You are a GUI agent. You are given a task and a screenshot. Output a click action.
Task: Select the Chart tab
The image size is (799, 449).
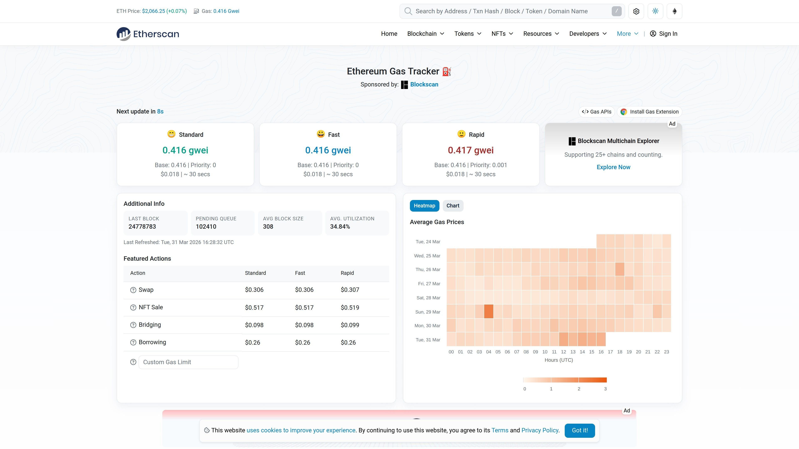pyautogui.click(x=453, y=206)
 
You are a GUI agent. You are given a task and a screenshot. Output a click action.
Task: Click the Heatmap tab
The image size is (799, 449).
pyautogui.click(x=424, y=206)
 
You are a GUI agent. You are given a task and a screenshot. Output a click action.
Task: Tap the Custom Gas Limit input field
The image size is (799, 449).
pyautogui.click(x=188, y=362)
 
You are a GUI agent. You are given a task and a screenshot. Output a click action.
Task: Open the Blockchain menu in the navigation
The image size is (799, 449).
pyautogui.click(x=425, y=34)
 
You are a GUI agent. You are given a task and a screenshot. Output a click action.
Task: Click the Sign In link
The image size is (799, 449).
pyautogui.click(x=664, y=34)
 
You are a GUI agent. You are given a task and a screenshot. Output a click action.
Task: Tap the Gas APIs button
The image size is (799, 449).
pyautogui.click(x=597, y=112)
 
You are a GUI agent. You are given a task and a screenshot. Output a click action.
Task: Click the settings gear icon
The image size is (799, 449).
pyautogui.click(x=636, y=11)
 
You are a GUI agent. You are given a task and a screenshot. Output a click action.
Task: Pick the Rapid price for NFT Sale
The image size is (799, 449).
pyautogui.click(x=350, y=308)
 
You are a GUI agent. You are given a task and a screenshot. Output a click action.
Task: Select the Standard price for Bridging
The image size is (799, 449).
pyautogui.click(x=254, y=325)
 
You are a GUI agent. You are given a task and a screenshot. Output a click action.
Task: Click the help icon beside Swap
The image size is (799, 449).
pyautogui.click(x=133, y=290)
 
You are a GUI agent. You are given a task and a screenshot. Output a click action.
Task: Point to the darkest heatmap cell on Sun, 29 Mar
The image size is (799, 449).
pyautogui.click(x=489, y=311)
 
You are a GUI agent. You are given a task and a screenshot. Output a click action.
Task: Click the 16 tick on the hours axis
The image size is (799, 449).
pyautogui.click(x=601, y=352)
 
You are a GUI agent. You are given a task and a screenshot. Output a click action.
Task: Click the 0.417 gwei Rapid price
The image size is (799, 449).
pyautogui.click(x=470, y=150)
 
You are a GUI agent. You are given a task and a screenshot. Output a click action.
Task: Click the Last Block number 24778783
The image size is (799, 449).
pyautogui.click(x=142, y=227)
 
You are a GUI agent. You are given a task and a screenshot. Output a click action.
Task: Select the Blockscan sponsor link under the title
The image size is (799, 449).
pyautogui.click(x=424, y=85)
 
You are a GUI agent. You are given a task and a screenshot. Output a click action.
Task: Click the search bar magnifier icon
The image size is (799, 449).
pyautogui.click(x=408, y=11)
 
